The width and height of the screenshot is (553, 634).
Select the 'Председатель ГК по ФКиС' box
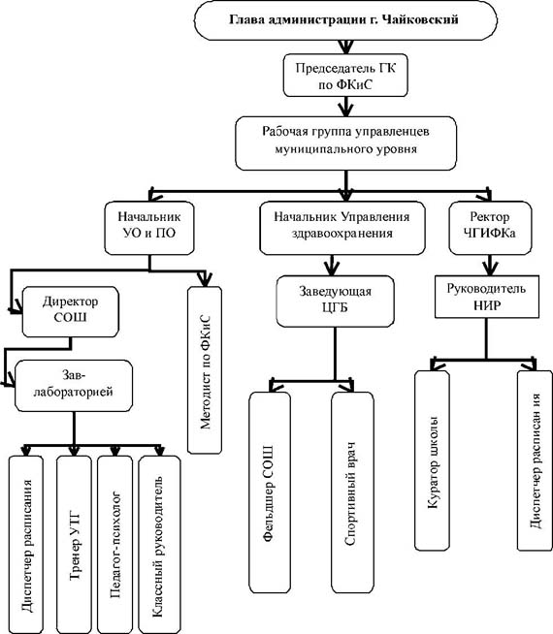pos(345,76)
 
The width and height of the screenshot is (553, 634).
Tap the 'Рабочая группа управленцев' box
pos(346,143)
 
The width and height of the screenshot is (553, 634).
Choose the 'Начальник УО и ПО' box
pos(149,228)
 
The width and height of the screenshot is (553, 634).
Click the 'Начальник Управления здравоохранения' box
pos(342,228)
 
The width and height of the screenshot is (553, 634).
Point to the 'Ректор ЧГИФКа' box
pos(490,228)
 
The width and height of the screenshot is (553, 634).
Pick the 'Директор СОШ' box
pos(71,312)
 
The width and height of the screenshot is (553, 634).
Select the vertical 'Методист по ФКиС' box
pos(205,370)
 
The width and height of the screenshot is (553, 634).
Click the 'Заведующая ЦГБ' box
pos(336,301)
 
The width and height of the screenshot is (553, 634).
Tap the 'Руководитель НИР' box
pos(487,297)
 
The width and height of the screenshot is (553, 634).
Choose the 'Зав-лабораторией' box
pos(74,386)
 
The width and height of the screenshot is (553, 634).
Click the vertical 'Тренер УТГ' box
pos(74,545)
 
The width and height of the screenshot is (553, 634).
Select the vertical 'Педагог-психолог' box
pos(114,545)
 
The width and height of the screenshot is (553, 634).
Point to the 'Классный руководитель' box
pos(159,545)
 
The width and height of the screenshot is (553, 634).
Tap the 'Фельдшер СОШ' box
pos(270,492)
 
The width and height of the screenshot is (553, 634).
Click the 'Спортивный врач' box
pos(352,492)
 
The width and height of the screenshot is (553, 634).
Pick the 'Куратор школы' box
pos(432,460)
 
